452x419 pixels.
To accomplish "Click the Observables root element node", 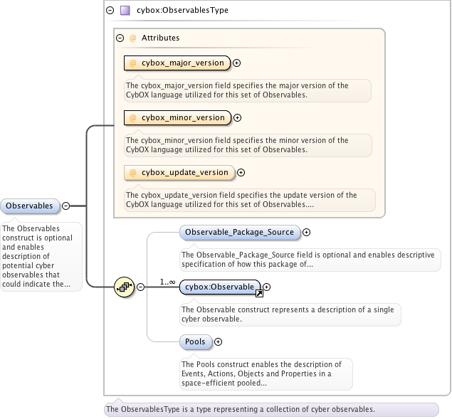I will tap(30, 206).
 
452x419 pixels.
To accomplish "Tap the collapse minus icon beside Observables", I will tap(66, 206).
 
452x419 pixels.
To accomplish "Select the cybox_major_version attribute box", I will tap(177, 63).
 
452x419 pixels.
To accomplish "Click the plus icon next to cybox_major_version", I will tap(237, 63).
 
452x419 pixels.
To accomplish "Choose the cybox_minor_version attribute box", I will tap(177, 118).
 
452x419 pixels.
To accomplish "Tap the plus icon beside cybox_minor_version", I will tap(237, 118).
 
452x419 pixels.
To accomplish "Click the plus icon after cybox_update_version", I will tap(241, 172).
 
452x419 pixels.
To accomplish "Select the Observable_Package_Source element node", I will tap(239, 232).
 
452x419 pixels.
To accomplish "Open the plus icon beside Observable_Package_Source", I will tap(307, 232).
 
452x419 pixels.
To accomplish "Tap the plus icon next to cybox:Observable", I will tap(267, 287).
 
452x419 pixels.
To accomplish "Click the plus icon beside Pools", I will tap(218, 342).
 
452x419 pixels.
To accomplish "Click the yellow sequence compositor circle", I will tap(125, 287).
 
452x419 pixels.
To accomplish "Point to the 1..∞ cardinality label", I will tap(168, 282).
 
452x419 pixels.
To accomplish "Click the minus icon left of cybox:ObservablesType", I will tap(110, 11).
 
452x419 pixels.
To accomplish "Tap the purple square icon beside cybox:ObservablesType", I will tap(125, 11).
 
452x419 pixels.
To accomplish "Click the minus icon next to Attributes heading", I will tap(120, 38).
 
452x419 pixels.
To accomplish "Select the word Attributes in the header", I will tap(160, 38).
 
